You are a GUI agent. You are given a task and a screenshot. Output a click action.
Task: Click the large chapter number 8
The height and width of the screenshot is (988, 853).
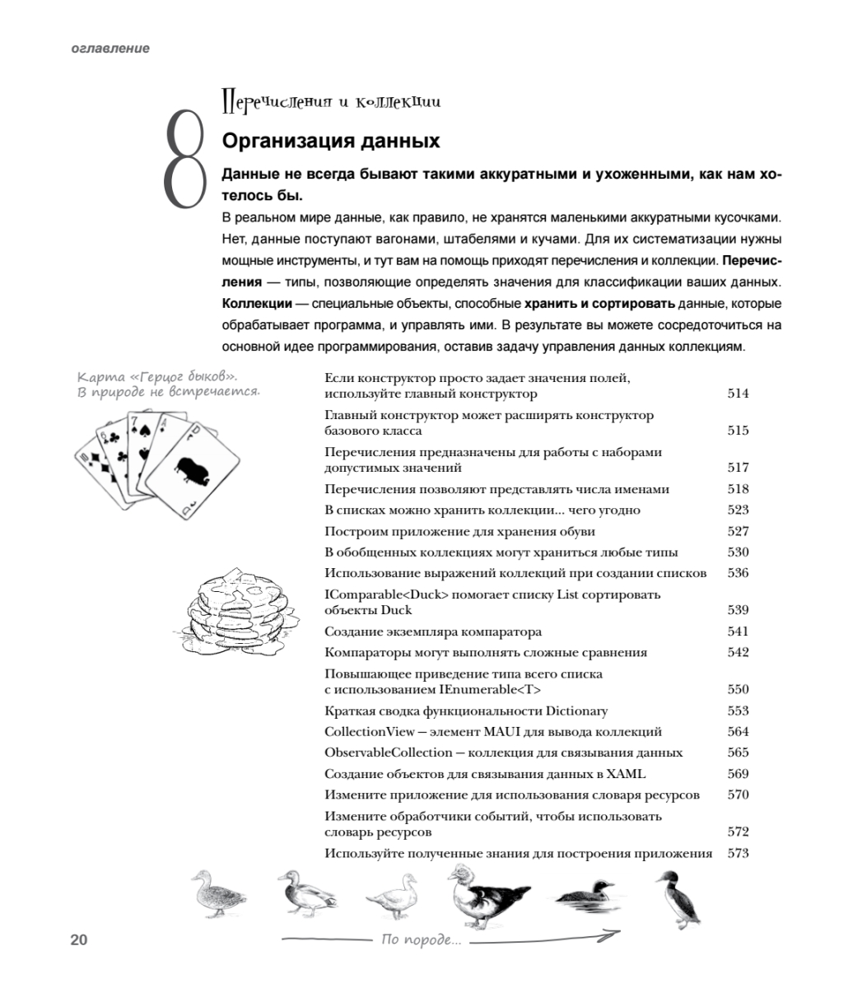pos(183,159)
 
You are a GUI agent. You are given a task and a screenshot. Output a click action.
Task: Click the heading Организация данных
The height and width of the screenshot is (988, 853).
pos(330,141)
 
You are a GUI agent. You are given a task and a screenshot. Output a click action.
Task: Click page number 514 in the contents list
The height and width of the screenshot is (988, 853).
pos(738,394)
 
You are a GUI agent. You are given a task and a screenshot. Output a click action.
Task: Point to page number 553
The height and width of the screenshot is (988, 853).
pos(738,711)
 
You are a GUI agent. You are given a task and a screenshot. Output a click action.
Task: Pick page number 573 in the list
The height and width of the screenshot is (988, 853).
pos(738,853)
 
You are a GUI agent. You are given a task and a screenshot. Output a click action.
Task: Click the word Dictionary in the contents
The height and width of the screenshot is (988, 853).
pos(576,711)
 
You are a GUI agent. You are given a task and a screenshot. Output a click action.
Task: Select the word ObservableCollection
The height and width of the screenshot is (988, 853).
pos(388,753)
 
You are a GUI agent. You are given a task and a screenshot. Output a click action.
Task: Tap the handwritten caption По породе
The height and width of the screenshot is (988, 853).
pos(421,940)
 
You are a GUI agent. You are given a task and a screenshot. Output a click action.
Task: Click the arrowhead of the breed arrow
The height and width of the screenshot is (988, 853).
pos(613,934)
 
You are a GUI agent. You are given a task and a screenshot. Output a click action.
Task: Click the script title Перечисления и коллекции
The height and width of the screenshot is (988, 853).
pos(331,102)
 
